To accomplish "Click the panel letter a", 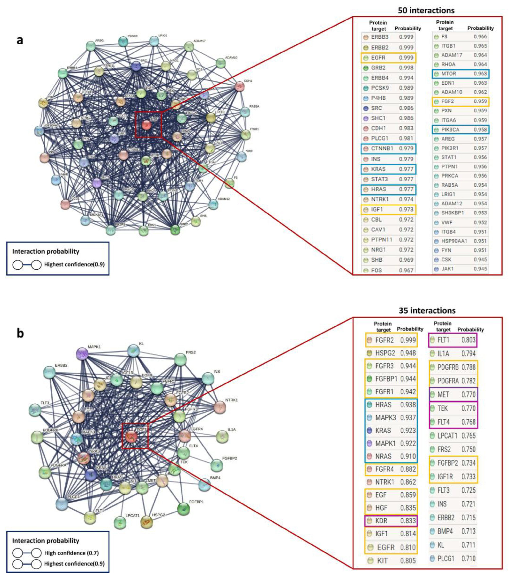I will (20, 40).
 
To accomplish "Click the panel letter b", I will (20, 333).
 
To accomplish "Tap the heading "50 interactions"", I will (426, 11).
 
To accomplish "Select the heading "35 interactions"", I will (427, 310).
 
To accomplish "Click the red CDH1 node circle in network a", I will (240, 86).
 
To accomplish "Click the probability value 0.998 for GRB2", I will (406, 68).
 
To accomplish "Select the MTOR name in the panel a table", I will (449, 74).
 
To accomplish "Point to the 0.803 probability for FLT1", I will (468, 340).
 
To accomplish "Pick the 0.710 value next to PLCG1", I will (468, 558).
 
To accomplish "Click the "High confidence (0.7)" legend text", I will (71, 553).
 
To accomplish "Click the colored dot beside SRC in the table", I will (366, 108).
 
